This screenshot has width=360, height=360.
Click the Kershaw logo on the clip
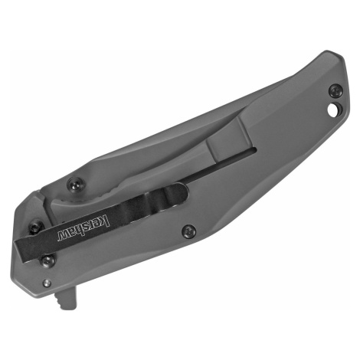click(83, 228)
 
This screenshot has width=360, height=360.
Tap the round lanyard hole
click(333, 110)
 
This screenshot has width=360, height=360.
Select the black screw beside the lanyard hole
click(335, 90)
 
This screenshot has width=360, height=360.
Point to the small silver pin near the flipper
click(47, 283)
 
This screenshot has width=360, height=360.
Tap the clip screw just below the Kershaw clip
click(47, 261)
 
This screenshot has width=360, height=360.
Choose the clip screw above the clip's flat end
click(35, 227)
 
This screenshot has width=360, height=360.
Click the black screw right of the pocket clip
click(189, 231)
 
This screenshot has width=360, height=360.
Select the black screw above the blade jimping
click(76, 184)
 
